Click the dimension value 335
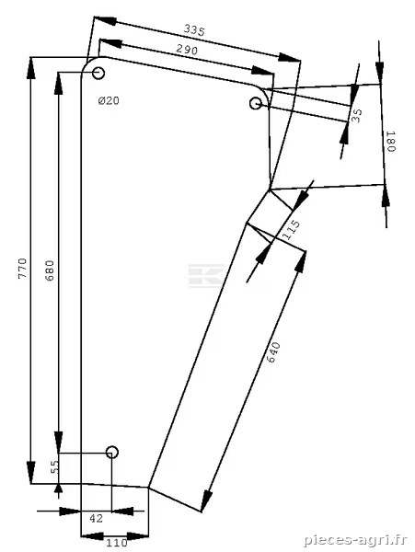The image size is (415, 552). (x=194, y=30)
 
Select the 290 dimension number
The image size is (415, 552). (x=187, y=50)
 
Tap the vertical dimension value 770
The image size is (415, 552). (x=22, y=269)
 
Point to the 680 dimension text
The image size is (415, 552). (x=51, y=270)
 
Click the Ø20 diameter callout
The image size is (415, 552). (x=109, y=101)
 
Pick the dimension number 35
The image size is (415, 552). (x=357, y=116)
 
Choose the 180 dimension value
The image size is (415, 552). (x=391, y=141)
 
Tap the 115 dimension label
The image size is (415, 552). (x=292, y=230)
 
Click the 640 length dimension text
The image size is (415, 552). (x=273, y=352)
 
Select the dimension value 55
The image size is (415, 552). (x=54, y=467)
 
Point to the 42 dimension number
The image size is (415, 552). (x=96, y=518)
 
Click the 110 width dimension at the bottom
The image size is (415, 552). (x=117, y=543)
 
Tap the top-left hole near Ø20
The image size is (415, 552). (x=98, y=74)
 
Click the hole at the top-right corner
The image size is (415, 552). (x=256, y=103)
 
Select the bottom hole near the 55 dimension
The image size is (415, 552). (x=112, y=452)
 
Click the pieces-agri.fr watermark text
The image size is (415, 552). (x=355, y=540)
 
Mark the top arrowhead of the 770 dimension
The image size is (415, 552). (x=31, y=69)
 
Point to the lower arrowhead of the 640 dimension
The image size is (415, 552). (x=206, y=500)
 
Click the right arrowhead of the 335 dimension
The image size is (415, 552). (x=289, y=58)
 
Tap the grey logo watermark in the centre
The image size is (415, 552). (x=206, y=276)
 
